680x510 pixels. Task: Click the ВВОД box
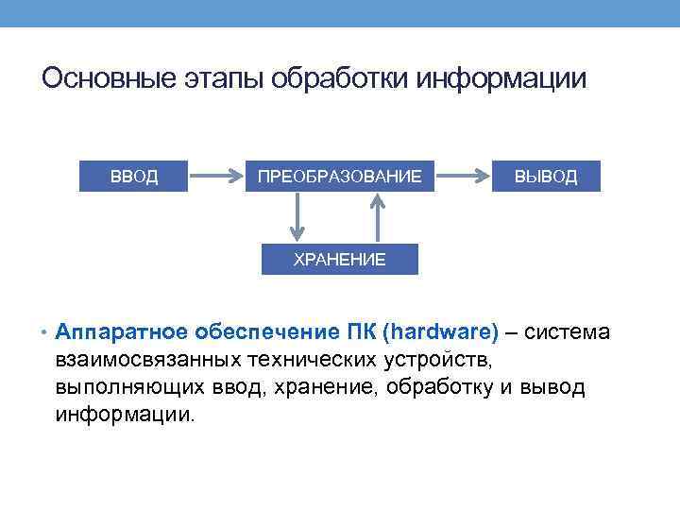pyautogui.click(x=134, y=176)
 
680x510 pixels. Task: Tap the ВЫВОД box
pyautogui.click(x=546, y=176)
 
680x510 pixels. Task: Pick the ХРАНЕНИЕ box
pyautogui.click(x=340, y=259)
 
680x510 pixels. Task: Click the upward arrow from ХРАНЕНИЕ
pyautogui.click(x=379, y=218)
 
